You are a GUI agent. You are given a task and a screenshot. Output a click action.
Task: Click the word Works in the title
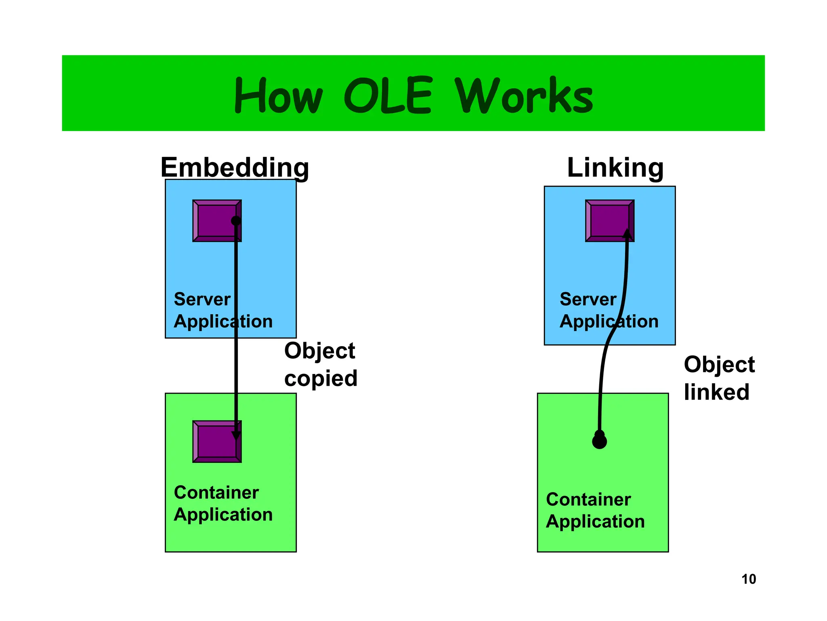pos(524,95)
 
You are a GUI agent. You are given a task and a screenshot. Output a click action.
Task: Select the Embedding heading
pos(235,167)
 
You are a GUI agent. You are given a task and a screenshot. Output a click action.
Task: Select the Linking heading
pos(615,167)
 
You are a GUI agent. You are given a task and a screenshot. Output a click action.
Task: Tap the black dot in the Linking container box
pos(599,441)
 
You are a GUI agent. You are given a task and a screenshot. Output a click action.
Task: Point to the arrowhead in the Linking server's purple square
pos(627,234)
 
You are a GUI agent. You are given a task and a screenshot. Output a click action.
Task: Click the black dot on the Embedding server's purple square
pos(236,221)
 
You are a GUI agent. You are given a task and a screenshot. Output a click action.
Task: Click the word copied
pos(321,378)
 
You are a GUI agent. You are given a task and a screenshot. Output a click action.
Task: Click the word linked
pos(716,392)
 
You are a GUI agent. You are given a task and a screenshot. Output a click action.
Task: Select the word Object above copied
pos(319,351)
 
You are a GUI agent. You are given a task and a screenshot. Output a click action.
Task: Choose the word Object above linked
pos(719,365)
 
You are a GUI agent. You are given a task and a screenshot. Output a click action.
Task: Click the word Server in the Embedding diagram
pos(202,300)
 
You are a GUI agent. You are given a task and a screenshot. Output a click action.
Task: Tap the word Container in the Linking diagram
pos(588,500)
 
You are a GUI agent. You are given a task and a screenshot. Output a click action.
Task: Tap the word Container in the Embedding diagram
pos(216,493)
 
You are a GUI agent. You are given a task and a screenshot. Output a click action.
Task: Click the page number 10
pos(748,579)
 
